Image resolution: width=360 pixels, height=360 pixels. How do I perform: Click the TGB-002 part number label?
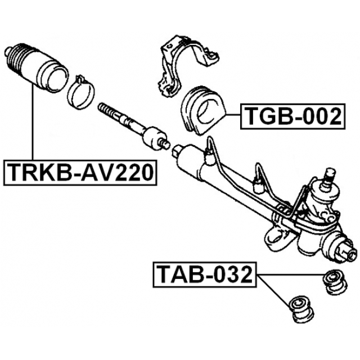[292, 117]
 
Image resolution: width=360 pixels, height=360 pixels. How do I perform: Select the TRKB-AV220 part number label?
[79, 172]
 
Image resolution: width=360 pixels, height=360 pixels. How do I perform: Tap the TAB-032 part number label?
[204, 276]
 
